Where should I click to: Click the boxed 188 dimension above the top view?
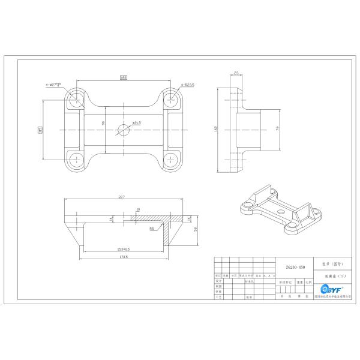124,77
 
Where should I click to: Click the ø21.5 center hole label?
136,123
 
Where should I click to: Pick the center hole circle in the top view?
124,128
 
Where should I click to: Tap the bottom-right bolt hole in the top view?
172,159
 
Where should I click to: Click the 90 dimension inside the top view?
103,123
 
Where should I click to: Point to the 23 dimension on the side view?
236,73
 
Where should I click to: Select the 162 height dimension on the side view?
215,128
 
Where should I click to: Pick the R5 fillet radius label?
152,228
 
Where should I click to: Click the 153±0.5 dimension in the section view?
124,248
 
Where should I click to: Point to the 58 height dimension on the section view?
196,229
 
